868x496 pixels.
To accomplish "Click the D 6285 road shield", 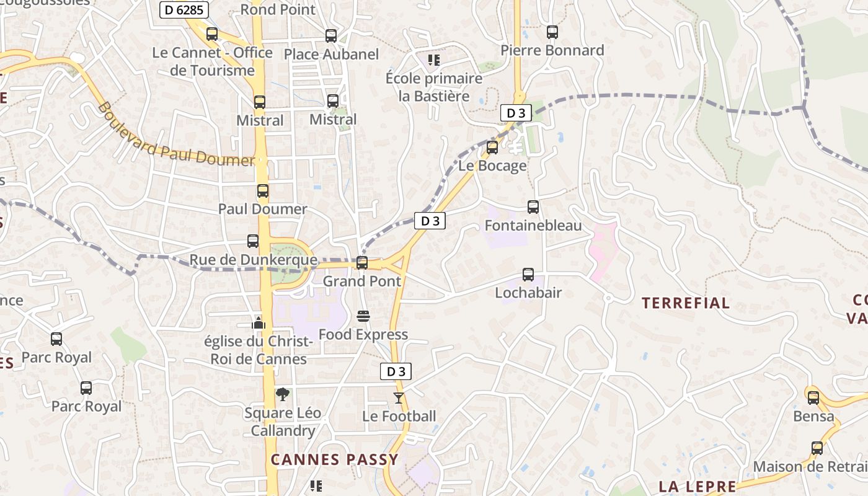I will point(184,9).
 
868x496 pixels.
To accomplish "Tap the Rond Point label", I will point(278,10).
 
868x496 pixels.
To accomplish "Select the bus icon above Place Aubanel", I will point(331,36).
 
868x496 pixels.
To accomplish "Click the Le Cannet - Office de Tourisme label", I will point(213,61).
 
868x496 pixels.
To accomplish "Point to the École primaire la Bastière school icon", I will point(434,60).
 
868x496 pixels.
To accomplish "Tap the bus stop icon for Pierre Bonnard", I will point(552,32).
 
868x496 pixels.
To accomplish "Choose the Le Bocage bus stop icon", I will point(492,148).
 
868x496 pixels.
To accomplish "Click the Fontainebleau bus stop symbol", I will point(533,207).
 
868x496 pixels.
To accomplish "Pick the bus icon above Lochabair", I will point(528,274).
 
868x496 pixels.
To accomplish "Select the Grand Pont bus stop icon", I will point(362,263).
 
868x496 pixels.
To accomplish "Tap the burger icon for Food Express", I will point(363,316).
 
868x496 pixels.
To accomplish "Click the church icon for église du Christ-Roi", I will point(259,323).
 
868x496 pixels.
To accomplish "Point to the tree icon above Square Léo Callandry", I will point(283,394).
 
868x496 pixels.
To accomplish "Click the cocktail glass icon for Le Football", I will point(399,397).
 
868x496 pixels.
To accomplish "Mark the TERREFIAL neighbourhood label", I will point(686,303).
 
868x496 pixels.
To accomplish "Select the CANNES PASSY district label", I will point(334,459).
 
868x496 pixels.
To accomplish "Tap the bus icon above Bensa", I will point(813,398).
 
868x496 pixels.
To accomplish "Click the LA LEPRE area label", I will point(697,487).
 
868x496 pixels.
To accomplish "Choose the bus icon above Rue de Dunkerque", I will point(253,241).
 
